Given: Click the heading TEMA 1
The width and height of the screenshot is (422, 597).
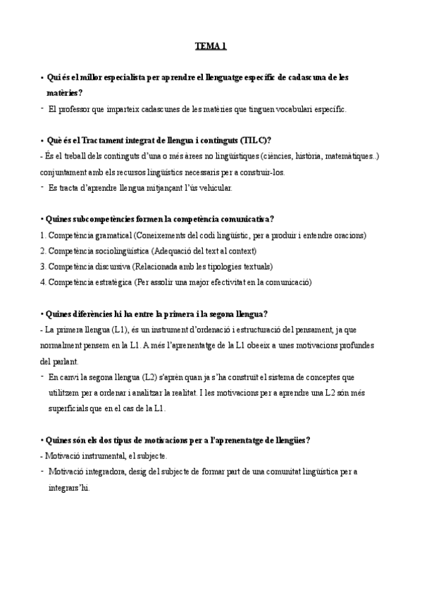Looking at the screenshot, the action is click(x=211, y=47).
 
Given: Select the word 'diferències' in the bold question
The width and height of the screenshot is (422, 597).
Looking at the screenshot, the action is click(x=94, y=314).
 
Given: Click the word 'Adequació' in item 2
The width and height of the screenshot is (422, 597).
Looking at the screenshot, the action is click(x=174, y=251).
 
